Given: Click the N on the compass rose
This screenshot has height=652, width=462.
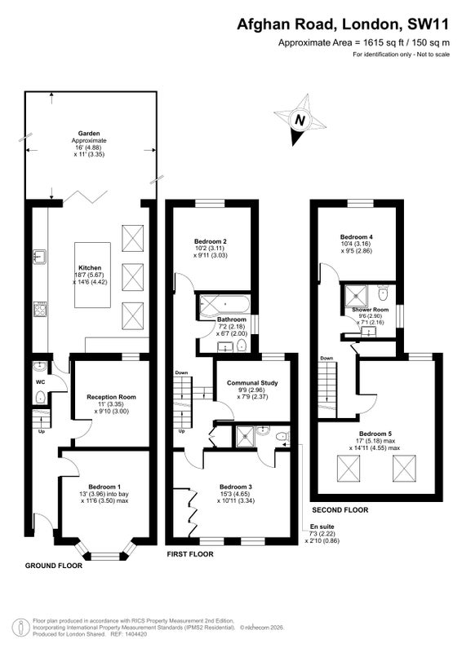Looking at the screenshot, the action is click(x=300, y=120).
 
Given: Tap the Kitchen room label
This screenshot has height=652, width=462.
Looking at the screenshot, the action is click(x=90, y=268).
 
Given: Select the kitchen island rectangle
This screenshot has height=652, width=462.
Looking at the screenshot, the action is click(x=92, y=275).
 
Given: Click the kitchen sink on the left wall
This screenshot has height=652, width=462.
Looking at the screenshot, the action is click(x=39, y=257).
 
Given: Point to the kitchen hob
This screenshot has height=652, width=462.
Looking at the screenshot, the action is click(x=40, y=309).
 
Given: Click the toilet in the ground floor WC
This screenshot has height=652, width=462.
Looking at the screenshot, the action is click(x=41, y=397).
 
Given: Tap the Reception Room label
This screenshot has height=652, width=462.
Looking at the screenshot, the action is click(x=111, y=397).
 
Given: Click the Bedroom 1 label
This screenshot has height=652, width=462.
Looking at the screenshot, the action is click(x=104, y=487).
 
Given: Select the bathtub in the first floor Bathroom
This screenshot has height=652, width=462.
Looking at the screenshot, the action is click(x=225, y=305).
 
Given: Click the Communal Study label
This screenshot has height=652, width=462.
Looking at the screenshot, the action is click(x=252, y=383).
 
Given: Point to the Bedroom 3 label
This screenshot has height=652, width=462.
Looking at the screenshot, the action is click(x=236, y=487).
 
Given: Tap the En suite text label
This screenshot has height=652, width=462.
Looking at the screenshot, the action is click(x=322, y=526).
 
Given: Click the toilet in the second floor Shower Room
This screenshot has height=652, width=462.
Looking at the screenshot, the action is click(x=384, y=293).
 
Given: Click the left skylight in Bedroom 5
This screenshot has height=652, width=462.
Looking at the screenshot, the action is click(x=348, y=469).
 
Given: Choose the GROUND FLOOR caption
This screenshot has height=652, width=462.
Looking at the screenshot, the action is click(x=54, y=566).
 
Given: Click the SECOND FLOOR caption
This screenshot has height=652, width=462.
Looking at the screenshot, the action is click(x=340, y=510).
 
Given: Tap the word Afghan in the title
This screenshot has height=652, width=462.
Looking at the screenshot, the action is click(x=264, y=24).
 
